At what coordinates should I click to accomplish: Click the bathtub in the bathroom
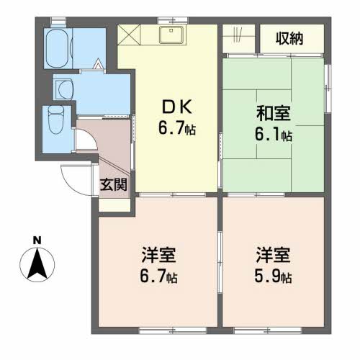pyautogui.click(x=58, y=49)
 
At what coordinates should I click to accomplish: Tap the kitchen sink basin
pyautogui.click(x=171, y=35)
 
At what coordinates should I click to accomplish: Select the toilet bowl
pyautogui.click(x=56, y=120)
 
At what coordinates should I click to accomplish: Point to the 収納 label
pyautogui.click(x=289, y=38)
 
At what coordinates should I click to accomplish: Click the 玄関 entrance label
pyautogui.click(x=114, y=184)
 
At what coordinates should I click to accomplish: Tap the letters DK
pyautogui.click(x=177, y=107)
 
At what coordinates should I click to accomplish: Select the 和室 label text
pyautogui.click(x=273, y=113)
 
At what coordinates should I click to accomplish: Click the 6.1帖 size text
pyautogui.click(x=273, y=135)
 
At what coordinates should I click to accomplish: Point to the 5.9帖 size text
pyautogui.click(x=273, y=277)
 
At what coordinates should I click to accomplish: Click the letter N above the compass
pyautogui.click(x=37, y=240)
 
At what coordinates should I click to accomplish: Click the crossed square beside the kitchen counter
pyautogui.click(x=129, y=35)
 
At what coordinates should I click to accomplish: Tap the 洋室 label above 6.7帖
pyautogui.click(x=158, y=254)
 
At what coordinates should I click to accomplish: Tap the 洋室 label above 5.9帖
pyautogui.click(x=273, y=254)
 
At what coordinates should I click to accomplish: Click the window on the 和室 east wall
pyautogui.click(x=328, y=89)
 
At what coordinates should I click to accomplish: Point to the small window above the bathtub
pyautogui.click(x=58, y=21)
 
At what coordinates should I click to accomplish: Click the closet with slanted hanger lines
pyautogui.click(x=238, y=38)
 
